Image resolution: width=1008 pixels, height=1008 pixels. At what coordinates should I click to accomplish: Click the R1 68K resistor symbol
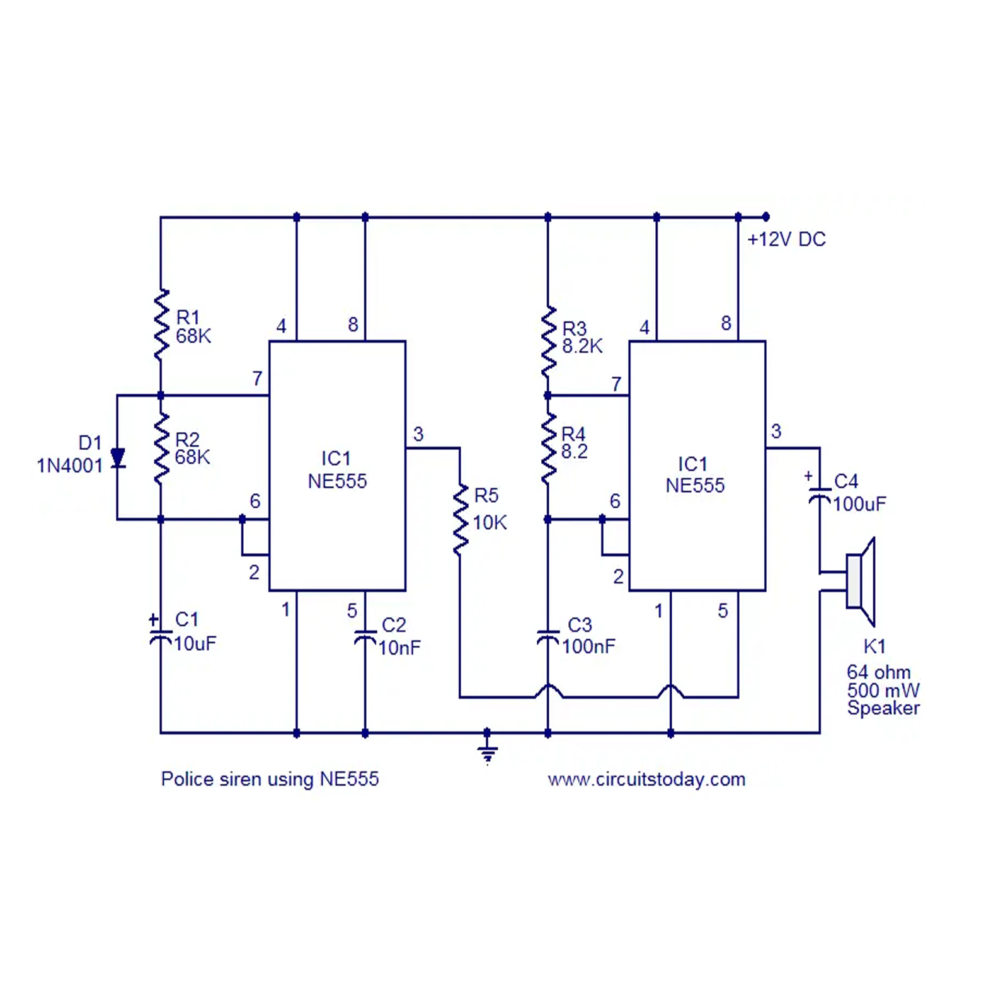point(161,325)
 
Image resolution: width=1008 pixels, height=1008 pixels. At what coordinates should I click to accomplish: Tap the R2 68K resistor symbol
point(161,449)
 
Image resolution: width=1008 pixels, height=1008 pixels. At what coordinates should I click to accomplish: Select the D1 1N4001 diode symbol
point(117,457)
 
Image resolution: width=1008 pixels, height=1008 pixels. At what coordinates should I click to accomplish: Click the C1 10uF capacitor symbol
point(161,636)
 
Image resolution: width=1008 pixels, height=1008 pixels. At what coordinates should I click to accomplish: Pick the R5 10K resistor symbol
point(461,520)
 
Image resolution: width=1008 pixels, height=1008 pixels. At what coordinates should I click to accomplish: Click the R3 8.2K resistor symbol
point(548,341)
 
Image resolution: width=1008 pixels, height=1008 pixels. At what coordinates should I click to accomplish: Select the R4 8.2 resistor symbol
point(548,449)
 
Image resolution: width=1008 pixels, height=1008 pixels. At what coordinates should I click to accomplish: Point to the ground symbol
point(487,750)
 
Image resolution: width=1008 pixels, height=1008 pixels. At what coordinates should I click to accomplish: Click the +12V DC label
point(786,239)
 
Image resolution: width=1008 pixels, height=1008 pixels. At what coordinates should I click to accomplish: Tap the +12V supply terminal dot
point(765,217)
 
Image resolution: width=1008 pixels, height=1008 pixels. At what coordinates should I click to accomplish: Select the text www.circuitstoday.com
point(646,779)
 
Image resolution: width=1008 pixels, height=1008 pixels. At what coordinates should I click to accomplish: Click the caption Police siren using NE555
point(270,779)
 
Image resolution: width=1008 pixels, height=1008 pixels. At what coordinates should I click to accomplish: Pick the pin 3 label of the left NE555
point(418,433)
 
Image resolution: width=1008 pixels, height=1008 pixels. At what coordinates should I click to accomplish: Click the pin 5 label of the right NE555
point(723,610)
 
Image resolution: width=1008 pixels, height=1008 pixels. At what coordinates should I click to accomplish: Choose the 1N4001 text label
point(69,466)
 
